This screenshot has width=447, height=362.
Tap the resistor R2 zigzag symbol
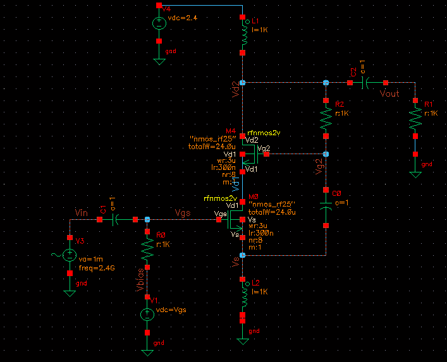tap(326, 116)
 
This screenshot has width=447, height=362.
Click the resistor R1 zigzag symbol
tap(415, 118)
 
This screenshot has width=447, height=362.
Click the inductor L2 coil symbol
tap(243, 297)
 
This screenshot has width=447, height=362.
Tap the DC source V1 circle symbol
tap(147, 313)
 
